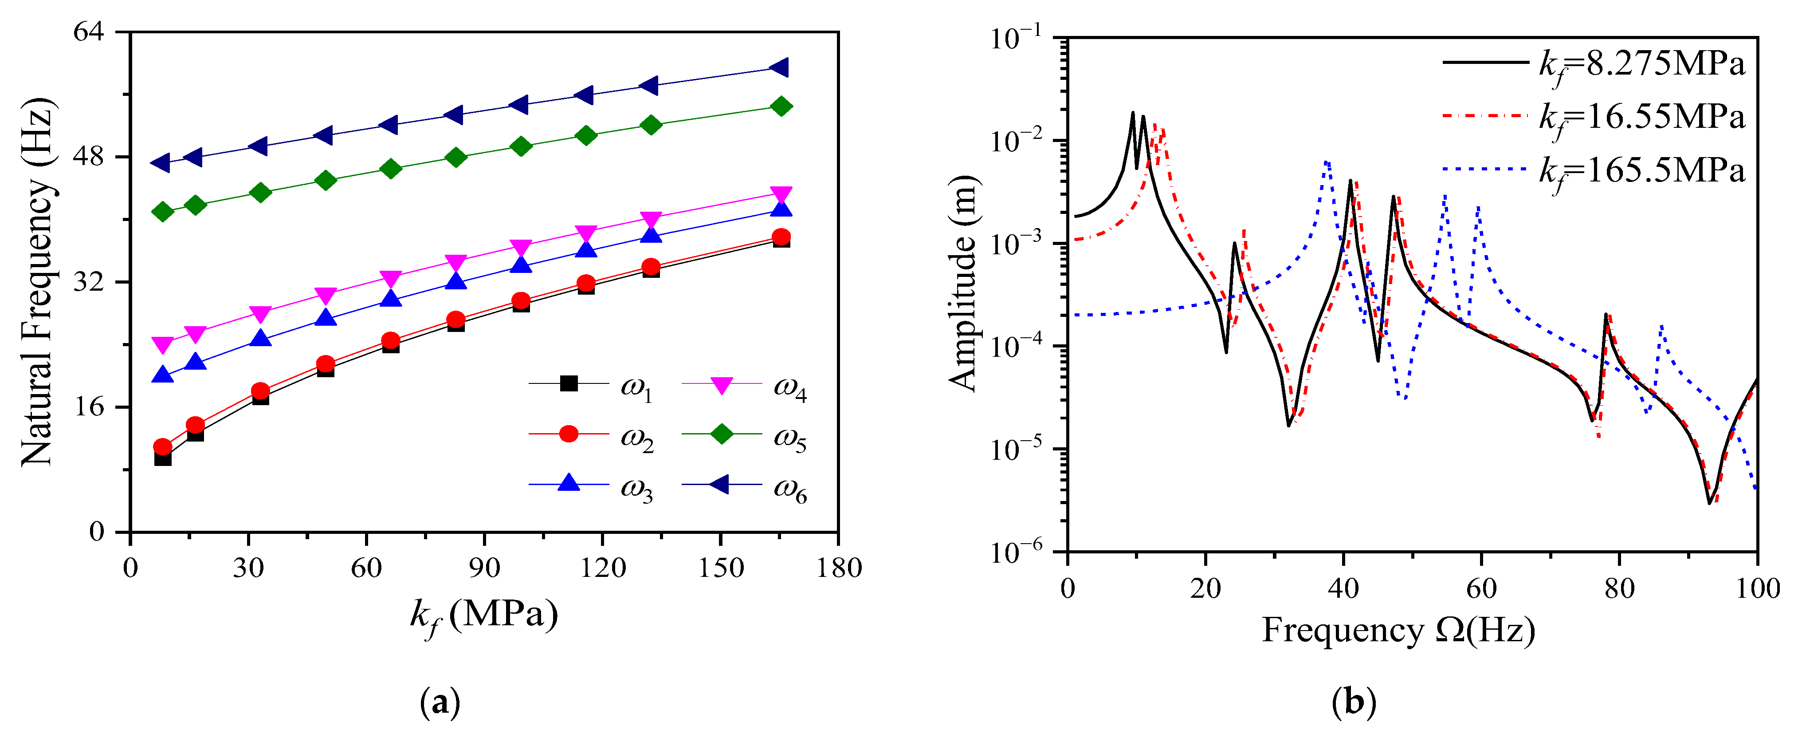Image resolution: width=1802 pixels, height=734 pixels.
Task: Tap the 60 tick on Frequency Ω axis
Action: click(1481, 588)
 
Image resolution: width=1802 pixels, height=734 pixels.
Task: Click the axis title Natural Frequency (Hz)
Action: click(36, 282)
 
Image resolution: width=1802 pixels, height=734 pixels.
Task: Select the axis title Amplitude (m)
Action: click(963, 284)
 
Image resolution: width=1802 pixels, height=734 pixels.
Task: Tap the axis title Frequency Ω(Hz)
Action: click(1398, 631)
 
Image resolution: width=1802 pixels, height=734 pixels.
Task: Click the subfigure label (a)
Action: click(440, 702)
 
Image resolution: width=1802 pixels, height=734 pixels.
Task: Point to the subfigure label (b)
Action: click(1354, 702)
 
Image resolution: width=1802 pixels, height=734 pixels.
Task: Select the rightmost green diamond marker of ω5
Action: click(781, 107)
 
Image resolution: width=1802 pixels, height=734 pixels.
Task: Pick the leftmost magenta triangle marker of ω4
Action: click(162, 345)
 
